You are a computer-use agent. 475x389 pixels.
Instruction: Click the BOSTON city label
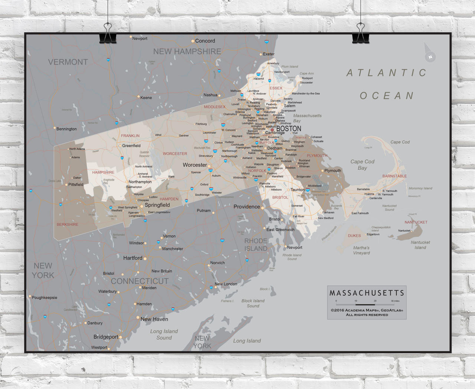click(289, 129)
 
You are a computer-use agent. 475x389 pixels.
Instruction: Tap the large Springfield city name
click(157, 205)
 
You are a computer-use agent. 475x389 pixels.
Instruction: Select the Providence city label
click(246, 207)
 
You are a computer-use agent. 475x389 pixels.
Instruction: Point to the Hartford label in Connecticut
click(132, 258)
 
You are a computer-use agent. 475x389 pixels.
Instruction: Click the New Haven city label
click(154, 319)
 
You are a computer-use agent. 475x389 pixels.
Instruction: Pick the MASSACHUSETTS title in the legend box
click(367, 293)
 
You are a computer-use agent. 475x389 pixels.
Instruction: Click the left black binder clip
click(108, 34)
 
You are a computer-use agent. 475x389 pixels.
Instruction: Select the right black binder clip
click(360, 34)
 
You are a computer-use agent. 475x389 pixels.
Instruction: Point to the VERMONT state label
click(68, 62)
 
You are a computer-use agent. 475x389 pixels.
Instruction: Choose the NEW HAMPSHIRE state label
click(187, 52)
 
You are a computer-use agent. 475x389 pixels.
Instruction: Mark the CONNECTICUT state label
click(140, 281)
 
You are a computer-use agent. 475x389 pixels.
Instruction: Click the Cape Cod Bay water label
click(362, 165)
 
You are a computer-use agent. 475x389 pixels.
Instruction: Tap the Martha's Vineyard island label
click(361, 250)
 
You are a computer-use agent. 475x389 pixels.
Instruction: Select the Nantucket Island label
click(420, 245)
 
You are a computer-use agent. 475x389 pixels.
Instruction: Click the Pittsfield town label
click(76, 184)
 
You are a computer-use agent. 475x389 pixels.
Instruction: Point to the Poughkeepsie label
click(45, 297)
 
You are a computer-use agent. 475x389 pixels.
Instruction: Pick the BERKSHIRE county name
click(67, 224)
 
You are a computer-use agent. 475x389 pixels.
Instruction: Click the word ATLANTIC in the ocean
click(386, 73)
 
